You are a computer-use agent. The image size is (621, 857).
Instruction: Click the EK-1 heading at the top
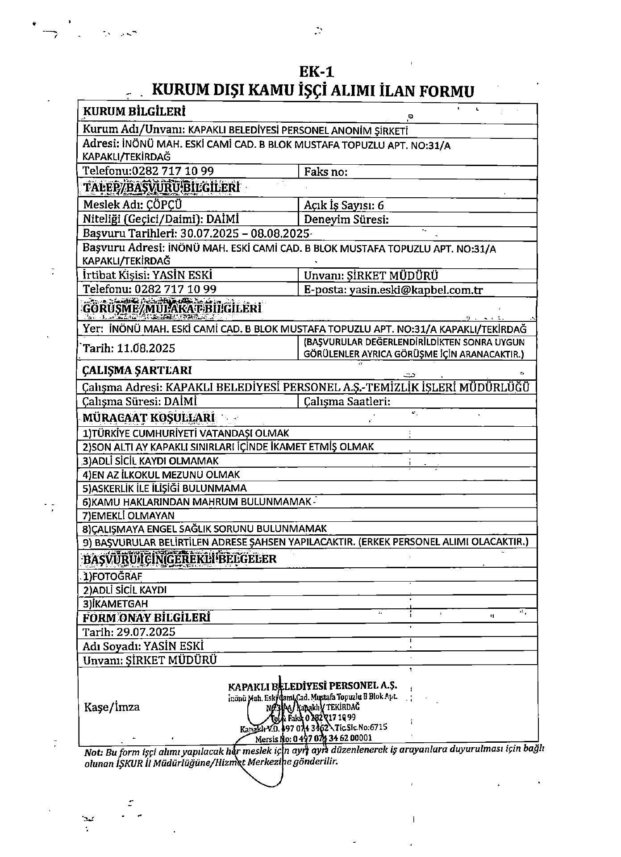pyautogui.click(x=316, y=72)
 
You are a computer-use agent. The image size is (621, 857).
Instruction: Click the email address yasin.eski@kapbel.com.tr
pyautogui.click(x=416, y=290)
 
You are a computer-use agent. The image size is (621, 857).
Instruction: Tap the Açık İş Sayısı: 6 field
pyautogui.click(x=344, y=205)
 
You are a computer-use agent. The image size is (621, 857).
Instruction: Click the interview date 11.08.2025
pyautogui.click(x=146, y=348)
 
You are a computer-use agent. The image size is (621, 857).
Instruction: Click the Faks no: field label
pyautogui.click(x=325, y=172)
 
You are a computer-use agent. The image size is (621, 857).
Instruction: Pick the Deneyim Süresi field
pyautogui.click(x=346, y=220)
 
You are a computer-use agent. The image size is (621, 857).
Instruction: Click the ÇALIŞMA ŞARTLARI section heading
pyautogui.click(x=138, y=370)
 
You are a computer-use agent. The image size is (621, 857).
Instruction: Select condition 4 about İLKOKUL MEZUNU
pyautogui.click(x=162, y=474)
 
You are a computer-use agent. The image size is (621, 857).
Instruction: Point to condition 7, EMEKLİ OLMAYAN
pyautogui.click(x=129, y=516)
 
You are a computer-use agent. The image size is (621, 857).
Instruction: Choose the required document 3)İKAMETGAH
pyautogui.click(x=115, y=603)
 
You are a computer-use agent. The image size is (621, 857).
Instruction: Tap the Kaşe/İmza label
pyautogui.click(x=112, y=707)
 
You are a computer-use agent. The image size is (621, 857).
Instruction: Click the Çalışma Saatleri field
pyautogui.click(x=347, y=402)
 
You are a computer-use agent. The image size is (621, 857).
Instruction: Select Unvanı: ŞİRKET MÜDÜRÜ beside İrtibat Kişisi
pyautogui.click(x=371, y=275)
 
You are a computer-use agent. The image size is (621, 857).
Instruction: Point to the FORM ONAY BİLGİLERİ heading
pyautogui.click(x=146, y=618)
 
